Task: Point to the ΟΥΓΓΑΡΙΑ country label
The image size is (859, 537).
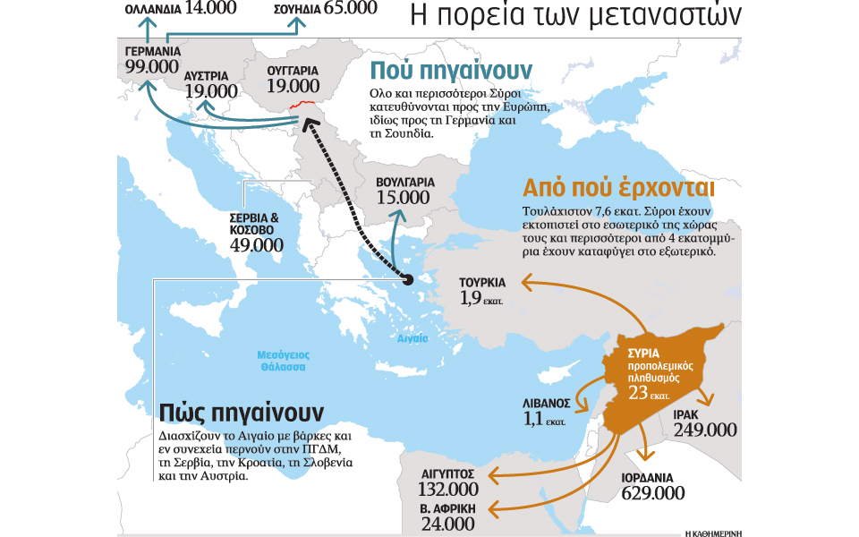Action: point(293,68)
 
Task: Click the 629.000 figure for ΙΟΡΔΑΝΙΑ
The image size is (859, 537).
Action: point(653,492)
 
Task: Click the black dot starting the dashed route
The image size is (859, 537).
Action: point(408,280)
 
